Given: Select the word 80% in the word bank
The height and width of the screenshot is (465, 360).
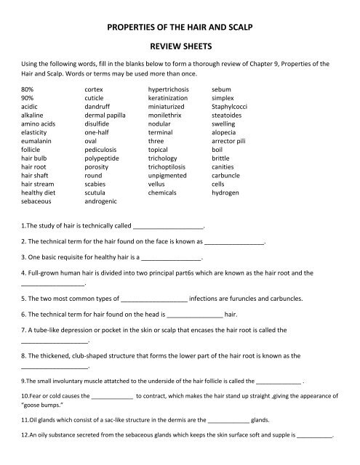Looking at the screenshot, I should click(31, 89).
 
